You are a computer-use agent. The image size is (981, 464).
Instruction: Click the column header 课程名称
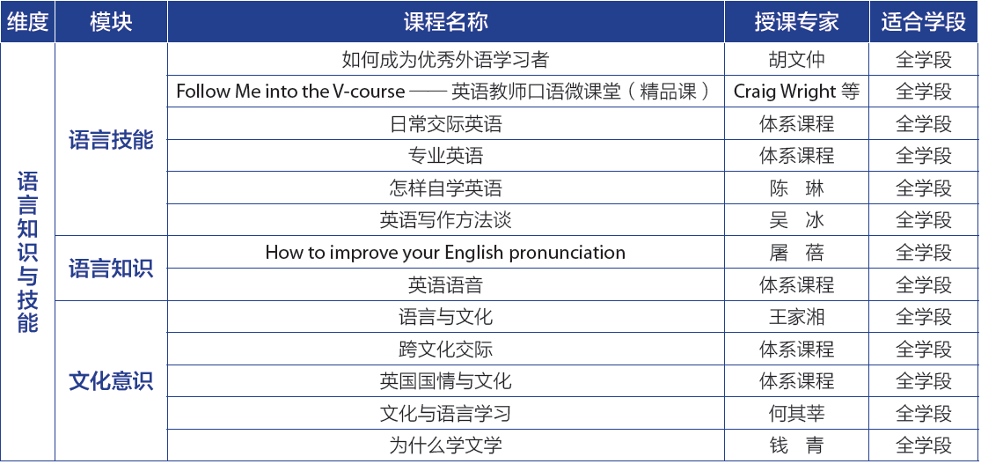pyautogui.click(x=445, y=22)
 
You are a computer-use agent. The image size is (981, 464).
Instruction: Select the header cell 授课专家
pyautogui.click(x=796, y=22)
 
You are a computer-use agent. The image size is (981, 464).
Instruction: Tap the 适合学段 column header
pyautogui.click(x=924, y=22)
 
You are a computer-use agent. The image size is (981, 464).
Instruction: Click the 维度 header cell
pyautogui.click(x=27, y=22)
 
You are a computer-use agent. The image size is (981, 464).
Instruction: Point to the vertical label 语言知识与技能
pyautogui.click(x=27, y=253)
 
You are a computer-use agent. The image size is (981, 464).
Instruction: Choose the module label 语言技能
pyautogui.click(x=111, y=140)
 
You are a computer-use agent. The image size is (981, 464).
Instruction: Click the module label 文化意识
pyautogui.click(x=111, y=381)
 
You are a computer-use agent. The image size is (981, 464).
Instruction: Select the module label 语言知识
pyautogui.click(x=111, y=269)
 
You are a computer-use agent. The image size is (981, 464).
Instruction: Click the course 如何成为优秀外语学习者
pyautogui.click(x=445, y=60)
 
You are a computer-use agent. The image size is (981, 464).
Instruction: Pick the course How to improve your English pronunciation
pyautogui.click(x=445, y=253)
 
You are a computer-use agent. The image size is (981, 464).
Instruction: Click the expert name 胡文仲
pyautogui.click(x=796, y=60)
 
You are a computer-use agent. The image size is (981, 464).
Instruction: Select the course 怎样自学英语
pyautogui.click(x=445, y=188)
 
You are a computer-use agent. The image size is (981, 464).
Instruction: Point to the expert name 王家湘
pyautogui.click(x=796, y=317)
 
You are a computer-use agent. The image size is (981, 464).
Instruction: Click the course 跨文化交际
pyautogui.click(x=445, y=349)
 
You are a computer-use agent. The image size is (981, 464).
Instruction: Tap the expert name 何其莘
pyautogui.click(x=796, y=413)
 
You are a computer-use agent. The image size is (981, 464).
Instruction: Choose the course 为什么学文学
pyautogui.click(x=445, y=446)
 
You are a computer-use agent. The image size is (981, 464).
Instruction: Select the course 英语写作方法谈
pyautogui.click(x=445, y=220)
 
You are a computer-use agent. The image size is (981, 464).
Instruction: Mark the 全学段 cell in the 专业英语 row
pyautogui.click(x=924, y=156)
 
